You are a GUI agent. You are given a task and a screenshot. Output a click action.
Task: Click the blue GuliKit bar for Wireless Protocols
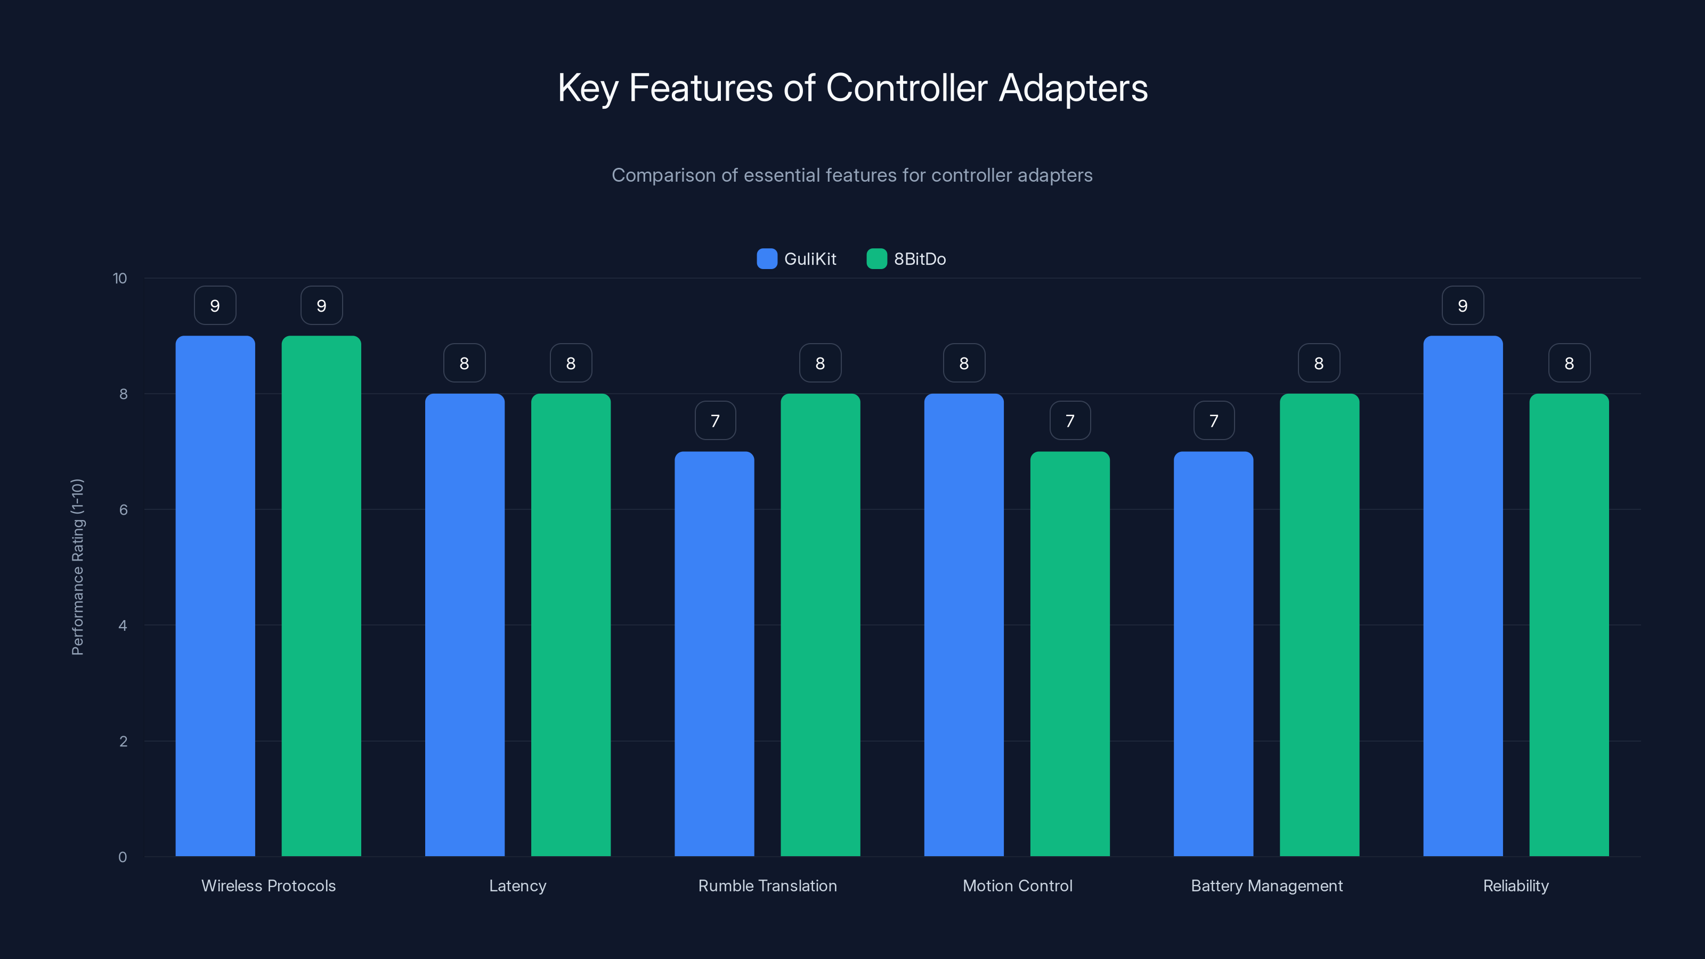tap(215, 596)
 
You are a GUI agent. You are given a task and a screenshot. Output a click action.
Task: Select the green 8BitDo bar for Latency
tap(571, 625)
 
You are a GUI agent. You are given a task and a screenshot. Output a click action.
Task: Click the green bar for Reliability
tap(1569, 625)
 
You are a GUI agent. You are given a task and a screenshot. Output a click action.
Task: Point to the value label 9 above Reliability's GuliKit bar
tap(1463, 306)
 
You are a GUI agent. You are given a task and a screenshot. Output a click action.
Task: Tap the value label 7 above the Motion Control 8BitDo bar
tap(1069, 421)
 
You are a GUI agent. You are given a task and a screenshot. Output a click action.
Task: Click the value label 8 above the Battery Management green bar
tap(1319, 363)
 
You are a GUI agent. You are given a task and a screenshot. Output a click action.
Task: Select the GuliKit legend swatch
tap(767, 259)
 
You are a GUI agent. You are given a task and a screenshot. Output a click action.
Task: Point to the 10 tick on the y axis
tap(120, 279)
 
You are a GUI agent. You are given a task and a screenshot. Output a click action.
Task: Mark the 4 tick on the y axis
tap(123, 625)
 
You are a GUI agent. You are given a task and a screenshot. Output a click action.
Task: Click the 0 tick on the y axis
tap(123, 857)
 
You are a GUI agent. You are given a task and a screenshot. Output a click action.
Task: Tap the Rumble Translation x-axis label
tap(767, 885)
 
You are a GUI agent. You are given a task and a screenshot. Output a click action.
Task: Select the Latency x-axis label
tap(517, 885)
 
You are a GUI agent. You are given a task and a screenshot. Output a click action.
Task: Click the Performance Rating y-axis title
tap(77, 567)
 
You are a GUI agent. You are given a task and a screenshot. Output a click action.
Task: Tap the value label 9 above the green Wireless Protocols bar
tap(321, 306)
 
